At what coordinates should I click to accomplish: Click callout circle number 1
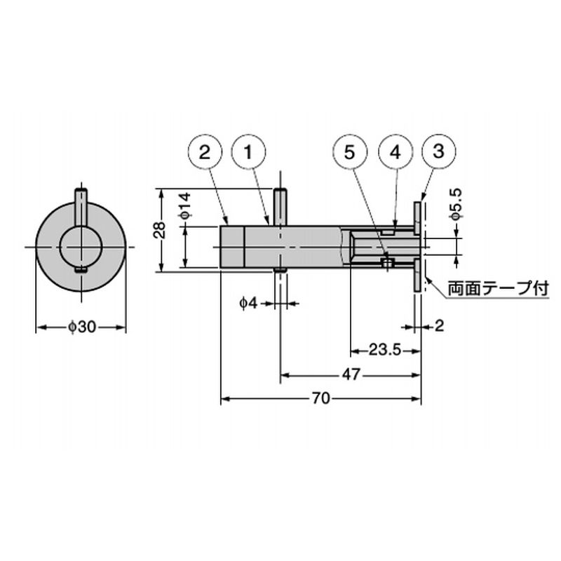pyautogui.click(x=249, y=151)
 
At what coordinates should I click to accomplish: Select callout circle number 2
pyautogui.click(x=205, y=151)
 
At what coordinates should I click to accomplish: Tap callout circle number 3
pyautogui.click(x=439, y=151)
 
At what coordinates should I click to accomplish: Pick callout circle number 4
pyautogui.click(x=396, y=151)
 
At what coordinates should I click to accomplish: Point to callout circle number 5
pyautogui.click(x=349, y=151)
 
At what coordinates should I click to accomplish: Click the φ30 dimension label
pyautogui.click(x=82, y=327)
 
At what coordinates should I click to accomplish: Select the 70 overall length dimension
pyautogui.click(x=320, y=398)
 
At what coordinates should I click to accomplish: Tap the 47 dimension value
pyautogui.click(x=351, y=374)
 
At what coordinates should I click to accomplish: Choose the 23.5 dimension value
pyautogui.click(x=385, y=350)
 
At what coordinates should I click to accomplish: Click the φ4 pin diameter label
pyautogui.click(x=248, y=304)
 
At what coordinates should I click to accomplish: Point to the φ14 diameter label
pyautogui.click(x=185, y=205)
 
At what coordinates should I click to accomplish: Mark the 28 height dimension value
pyautogui.click(x=159, y=230)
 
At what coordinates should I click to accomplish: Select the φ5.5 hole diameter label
pyautogui.click(x=457, y=203)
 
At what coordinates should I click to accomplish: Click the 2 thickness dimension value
pyautogui.click(x=439, y=326)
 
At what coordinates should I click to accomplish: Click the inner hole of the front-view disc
pyautogui.click(x=81, y=248)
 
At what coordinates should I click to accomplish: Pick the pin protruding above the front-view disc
pyautogui.click(x=81, y=207)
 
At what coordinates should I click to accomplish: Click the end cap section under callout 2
pyautogui.click(x=232, y=247)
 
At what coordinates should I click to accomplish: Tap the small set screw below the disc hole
pyautogui.click(x=81, y=270)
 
